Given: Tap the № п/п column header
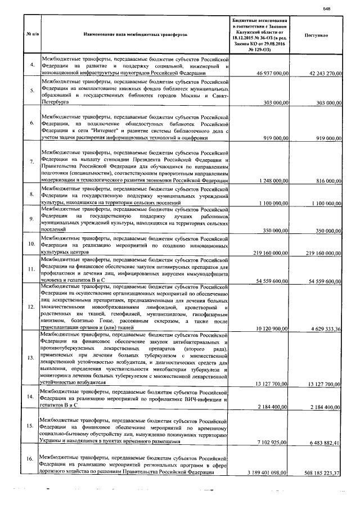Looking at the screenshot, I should tap(32, 35).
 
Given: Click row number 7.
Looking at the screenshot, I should tap(32, 162).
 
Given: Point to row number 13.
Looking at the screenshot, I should tap(32, 358).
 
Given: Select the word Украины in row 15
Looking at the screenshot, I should tap(55, 443).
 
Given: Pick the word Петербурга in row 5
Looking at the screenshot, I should tap(56, 103).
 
